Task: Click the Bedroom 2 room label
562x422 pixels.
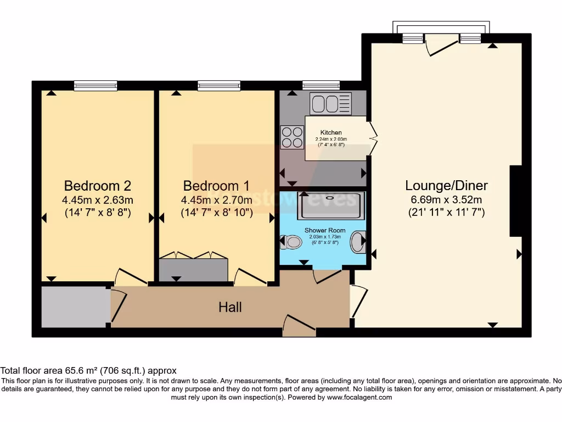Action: pos(98,185)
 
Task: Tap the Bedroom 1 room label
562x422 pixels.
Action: pos(216,185)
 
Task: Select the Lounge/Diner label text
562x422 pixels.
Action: pos(446,185)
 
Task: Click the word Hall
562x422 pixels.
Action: pos(230,307)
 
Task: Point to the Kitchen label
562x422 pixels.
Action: pos(331,132)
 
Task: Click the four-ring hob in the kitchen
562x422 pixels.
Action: pos(292,137)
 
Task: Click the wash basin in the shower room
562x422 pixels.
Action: pos(358,241)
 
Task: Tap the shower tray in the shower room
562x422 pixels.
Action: pos(330,205)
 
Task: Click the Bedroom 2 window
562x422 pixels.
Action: pos(95,85)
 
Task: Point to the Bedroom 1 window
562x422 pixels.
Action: pos(219,85)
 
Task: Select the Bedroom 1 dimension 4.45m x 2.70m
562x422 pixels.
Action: pos(216,199)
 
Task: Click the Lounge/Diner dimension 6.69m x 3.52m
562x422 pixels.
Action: pos(446,199)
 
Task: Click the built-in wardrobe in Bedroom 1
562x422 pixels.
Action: pos(193,269)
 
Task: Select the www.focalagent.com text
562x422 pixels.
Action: pos(360,397)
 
